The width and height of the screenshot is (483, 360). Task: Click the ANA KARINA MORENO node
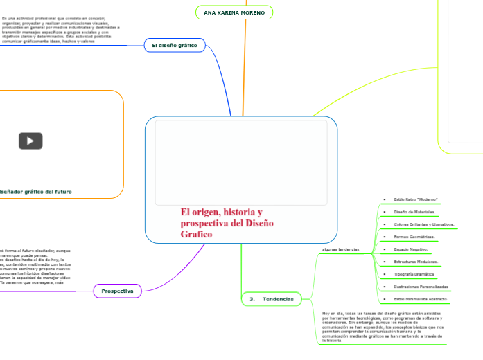tap(234, 12)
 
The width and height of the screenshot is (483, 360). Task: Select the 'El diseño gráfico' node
tap(174, 46)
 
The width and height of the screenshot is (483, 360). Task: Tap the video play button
tap(30, 141)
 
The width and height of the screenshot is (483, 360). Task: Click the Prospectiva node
tap(117, 291)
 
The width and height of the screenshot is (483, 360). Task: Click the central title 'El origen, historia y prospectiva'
tap(227, 223)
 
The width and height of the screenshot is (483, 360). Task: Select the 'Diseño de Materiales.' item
tap(414, 212)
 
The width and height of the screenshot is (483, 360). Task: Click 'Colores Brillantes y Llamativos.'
tap(423, 224)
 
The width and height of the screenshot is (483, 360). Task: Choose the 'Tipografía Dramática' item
tap(414, 274)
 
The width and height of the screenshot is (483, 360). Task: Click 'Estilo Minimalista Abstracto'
tap(420, 299)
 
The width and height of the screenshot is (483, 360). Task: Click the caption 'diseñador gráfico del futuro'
tap(36, 191)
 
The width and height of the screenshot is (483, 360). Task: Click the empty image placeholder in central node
tap(240, 163)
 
